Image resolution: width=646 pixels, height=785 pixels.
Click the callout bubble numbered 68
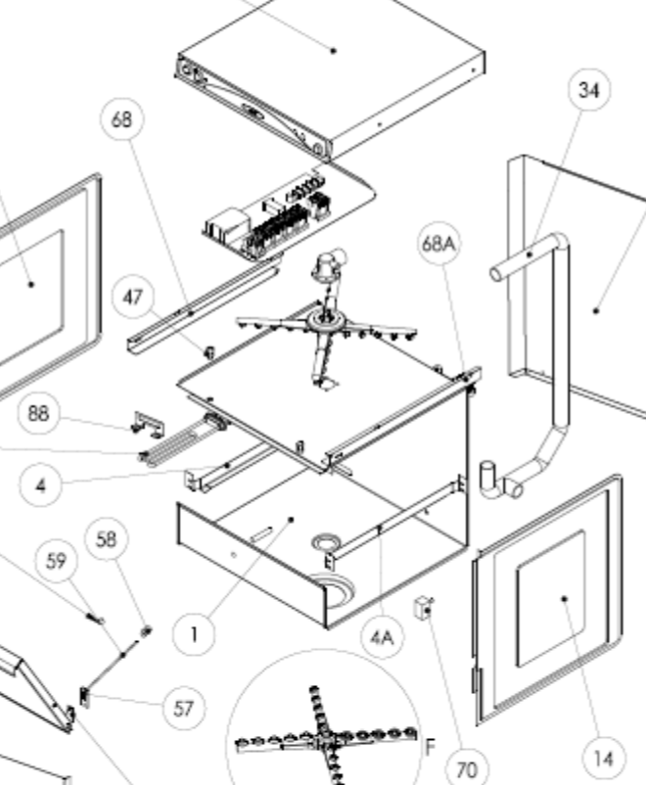122,119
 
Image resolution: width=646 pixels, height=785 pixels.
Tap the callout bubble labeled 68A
438,244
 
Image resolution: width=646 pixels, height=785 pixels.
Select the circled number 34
589,90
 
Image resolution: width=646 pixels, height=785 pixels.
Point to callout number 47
133,298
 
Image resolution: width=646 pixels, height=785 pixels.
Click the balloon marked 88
38,413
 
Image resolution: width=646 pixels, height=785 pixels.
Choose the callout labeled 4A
382,637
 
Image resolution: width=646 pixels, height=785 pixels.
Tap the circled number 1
194,634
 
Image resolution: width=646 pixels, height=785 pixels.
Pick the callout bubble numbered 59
57,561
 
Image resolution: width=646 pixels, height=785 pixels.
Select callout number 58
106,539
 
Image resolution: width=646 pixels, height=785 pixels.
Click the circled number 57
184,709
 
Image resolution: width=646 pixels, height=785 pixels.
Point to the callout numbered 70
467,768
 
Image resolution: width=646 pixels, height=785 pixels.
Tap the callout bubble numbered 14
604,759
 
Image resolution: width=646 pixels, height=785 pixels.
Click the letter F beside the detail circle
430,748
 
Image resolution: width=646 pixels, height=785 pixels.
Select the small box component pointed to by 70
424,608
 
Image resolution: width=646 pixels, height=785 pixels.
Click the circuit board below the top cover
290,215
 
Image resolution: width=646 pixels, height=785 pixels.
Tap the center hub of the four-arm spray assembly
327,319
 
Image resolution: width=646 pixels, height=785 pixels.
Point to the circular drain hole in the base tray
327,542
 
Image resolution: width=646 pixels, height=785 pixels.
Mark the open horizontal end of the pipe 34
496,274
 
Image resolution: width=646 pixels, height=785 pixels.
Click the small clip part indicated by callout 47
209,352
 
